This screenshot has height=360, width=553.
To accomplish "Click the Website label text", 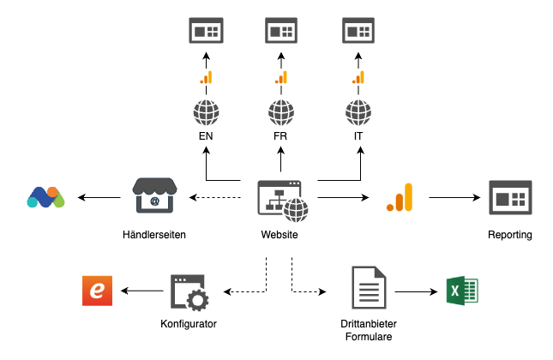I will coord(280,235).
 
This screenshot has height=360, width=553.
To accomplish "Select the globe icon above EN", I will coord(206,112).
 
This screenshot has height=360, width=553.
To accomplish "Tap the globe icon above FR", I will coord(280,112).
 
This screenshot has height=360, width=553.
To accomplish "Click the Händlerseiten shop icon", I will coord(154,197).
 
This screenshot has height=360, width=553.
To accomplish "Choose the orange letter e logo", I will coord(98,291).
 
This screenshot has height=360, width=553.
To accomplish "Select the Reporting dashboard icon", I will coord(510,197).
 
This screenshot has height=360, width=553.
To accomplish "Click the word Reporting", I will coord(510,235).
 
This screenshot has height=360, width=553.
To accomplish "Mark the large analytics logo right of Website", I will coord(400,198).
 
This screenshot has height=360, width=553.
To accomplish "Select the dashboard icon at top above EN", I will coord(206,31).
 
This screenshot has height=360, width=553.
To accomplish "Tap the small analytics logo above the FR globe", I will coord(280,78).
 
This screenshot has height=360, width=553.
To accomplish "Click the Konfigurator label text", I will coord(189,324).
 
